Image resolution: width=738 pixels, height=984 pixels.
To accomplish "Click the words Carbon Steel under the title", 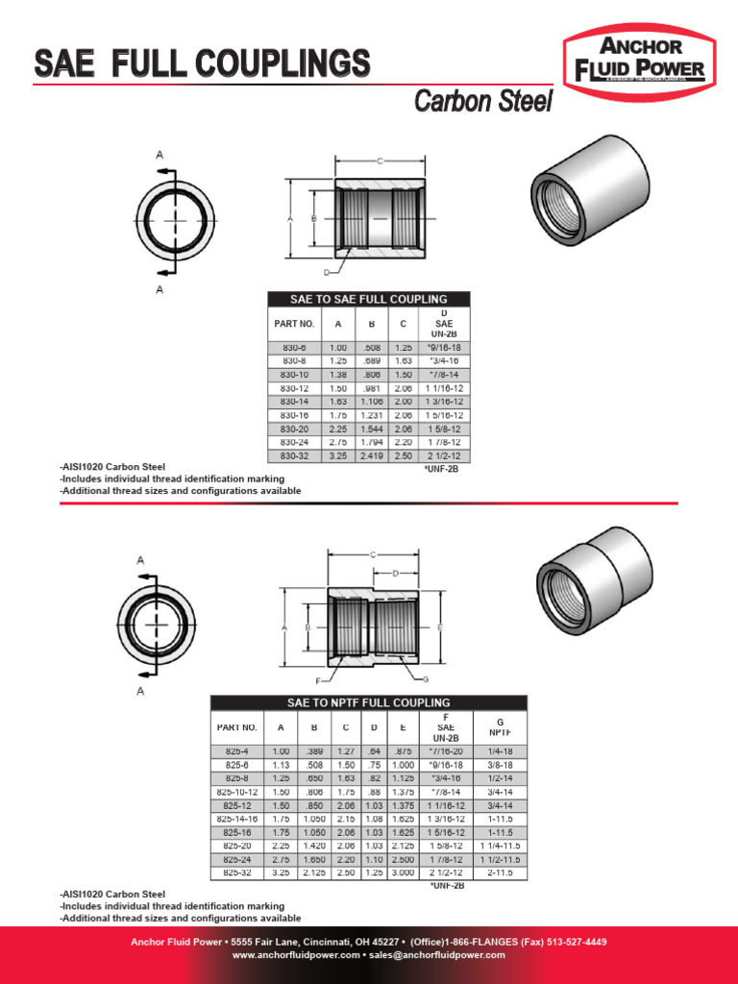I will point(482,102).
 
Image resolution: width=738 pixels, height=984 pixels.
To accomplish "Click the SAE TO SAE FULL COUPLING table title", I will point(369,299).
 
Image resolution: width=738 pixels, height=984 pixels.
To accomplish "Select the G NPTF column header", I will point(499,726).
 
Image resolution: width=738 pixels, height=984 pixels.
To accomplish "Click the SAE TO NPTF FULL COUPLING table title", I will point(368,702).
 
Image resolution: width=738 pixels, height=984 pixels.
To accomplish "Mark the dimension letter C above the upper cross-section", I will point(381,160).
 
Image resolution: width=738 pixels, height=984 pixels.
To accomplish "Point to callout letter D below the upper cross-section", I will point(327,273).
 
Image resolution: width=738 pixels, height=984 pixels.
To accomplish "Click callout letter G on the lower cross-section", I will point(425,678).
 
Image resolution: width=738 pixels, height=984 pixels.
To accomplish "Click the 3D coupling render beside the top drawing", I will point(589,192).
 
